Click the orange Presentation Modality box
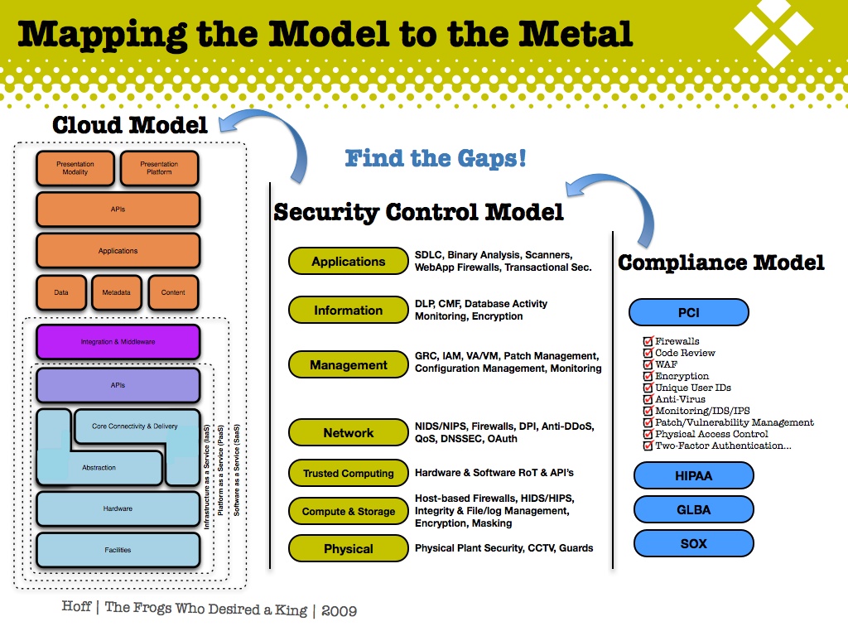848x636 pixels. click(x=75, y=168)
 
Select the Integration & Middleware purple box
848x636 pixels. click(x=118, y=342)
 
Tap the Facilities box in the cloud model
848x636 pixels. click(x=118, y=550)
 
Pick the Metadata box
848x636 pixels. click(x=117, y=292)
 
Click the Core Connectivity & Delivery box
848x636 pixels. click(x=135, y=426)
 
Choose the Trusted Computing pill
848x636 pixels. click(x=348, y=474)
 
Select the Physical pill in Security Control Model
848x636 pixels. click(x=348, y=549)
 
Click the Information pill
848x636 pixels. click(x=348, y=311)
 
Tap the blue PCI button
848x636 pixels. click(x=688, y=313)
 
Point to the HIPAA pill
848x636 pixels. click(x=693, y=476)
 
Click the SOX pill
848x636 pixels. click(x=693, y=543)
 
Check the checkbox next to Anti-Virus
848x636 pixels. click(x=648, y=399)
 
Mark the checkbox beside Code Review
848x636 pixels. click(x=648, y=353)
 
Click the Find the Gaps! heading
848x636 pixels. click(x=436, y=158)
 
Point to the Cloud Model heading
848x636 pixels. click(x=130, y=126)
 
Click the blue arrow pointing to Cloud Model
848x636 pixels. click(x=265, y=137)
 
